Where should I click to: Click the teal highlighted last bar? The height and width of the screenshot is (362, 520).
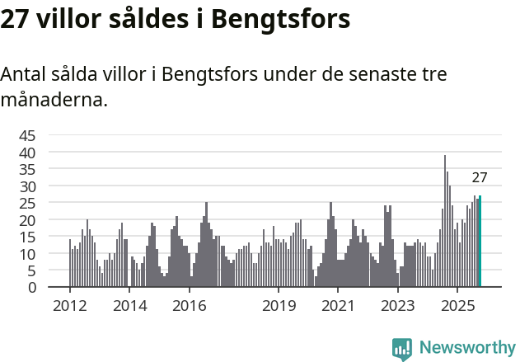[480, 242]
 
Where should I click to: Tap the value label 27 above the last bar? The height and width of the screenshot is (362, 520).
[480, 177]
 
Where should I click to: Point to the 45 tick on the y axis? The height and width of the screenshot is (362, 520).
[27, 136]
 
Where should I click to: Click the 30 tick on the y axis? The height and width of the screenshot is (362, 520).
[27, 186]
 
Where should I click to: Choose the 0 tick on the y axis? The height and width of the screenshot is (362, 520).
[31, 288]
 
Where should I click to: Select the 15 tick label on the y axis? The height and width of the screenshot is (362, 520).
[27, 237]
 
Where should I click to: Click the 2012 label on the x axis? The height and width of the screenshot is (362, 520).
[69, 306]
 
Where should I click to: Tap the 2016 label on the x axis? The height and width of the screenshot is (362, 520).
[190, 306]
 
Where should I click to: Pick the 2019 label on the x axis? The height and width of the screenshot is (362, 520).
[279, 306]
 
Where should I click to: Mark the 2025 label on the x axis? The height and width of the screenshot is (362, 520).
[457, 306]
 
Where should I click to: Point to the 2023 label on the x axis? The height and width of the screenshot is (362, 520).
[397, 306]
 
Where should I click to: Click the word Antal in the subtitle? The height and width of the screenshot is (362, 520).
[25, 74]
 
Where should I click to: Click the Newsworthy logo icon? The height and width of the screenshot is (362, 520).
[402, 349]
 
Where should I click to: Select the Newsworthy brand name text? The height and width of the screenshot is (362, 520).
[466, 349]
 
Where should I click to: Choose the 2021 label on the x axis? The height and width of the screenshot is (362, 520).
[338, 306]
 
